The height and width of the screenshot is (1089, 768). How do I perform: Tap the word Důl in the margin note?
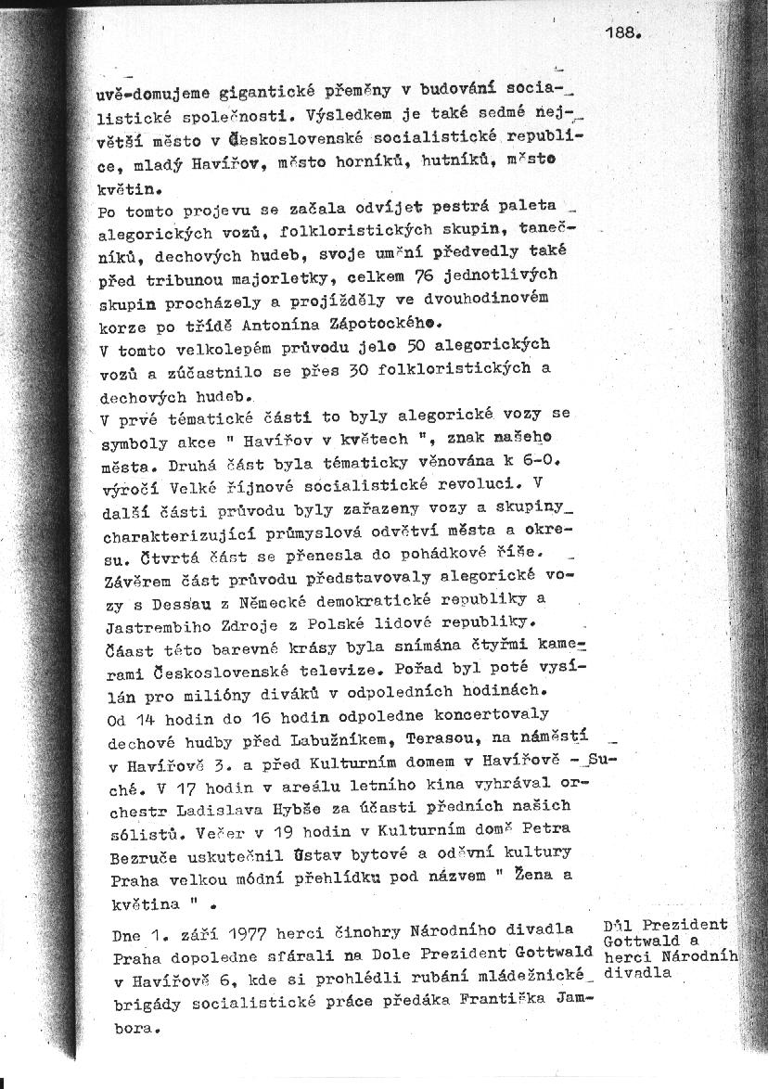618,926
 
